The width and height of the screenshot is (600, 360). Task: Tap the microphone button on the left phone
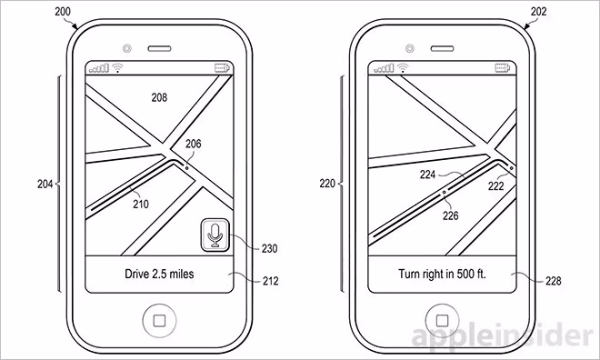point(215,235)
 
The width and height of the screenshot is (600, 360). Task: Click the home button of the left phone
point(159,320)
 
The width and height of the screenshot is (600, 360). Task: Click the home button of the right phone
point(442,320)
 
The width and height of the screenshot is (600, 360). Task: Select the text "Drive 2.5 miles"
point(159,274)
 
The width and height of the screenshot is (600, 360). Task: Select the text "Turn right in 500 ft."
point(442,274)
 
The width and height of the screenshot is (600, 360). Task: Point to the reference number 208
point(159,97)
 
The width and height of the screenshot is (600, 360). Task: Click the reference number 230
point(269,249)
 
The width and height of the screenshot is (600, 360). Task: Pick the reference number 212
point(271,281)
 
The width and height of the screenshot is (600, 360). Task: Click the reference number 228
point(554,281)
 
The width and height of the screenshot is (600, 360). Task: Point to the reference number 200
point(63,12)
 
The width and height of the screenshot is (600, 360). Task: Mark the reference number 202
point(539,12)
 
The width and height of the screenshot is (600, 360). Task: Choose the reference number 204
point(45,184)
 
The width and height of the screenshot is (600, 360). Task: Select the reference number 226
point(451,215)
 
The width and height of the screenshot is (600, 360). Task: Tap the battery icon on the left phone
point(222,68)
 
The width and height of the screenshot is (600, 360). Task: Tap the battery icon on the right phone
point(503,68)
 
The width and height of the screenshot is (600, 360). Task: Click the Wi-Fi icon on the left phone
point(118,68)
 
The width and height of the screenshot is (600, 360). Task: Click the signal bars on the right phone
point(384,68)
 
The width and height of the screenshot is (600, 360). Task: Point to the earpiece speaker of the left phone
point(160,48)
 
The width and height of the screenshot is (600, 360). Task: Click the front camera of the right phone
point(410,48)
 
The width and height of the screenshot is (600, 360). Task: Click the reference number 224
point(428,175)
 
